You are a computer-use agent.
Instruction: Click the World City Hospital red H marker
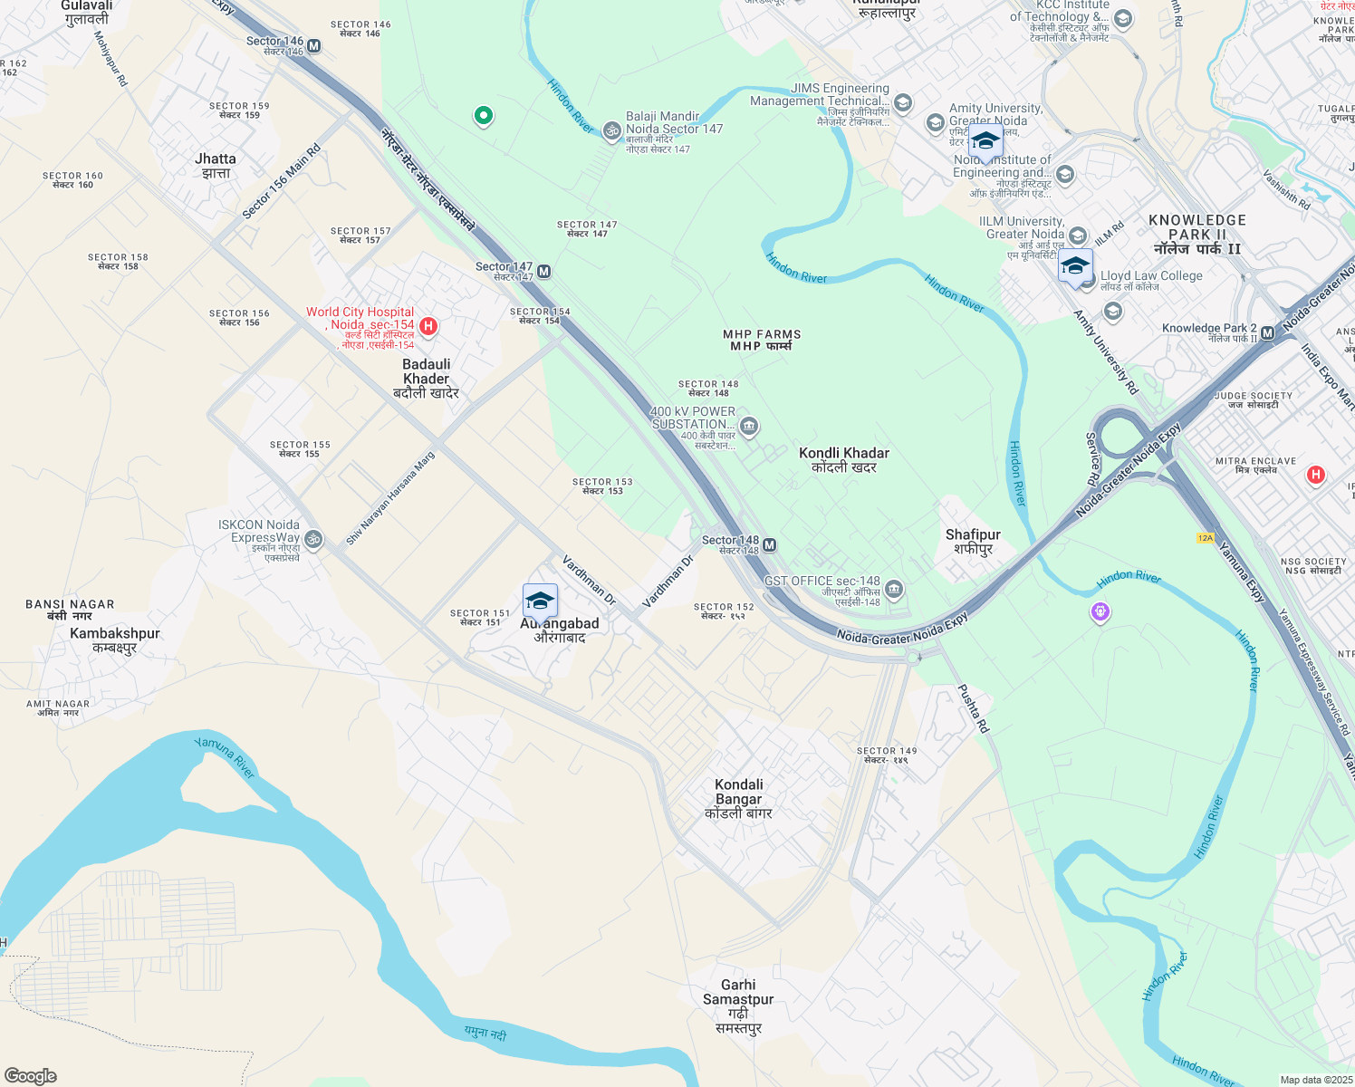tap(428, 326)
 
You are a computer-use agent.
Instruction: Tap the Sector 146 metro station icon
tap(314, 46)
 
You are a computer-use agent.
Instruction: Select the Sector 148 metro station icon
tap(769, 545)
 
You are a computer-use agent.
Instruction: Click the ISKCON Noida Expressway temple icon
tap(313, 539)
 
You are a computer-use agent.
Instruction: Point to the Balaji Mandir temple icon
tap(612, 132)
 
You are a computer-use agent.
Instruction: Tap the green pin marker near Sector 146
tap(484, 115)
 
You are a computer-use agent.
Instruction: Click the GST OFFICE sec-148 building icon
tap(894, 590)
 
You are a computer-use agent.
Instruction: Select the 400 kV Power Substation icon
tap(748, 426)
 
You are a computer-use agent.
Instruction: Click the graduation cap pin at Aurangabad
tap(540, 601)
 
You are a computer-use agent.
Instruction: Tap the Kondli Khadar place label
tap(844, 459)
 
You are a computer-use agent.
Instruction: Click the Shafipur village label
tap(973, 542)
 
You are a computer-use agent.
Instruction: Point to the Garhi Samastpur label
tap(739, 1005)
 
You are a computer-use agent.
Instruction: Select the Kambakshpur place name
tap(115, 640)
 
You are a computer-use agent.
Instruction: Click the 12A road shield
tap(1205, 538)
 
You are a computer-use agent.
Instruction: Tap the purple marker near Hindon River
tap(1100, 612)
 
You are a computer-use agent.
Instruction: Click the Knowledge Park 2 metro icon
tap(1268, 333)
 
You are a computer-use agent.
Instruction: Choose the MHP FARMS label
tap(762, 340)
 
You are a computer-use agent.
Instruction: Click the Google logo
tap(31, 1076)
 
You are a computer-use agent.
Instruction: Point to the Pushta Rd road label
tap(974, 708)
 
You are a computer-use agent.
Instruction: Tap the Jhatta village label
tap(216, 165)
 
